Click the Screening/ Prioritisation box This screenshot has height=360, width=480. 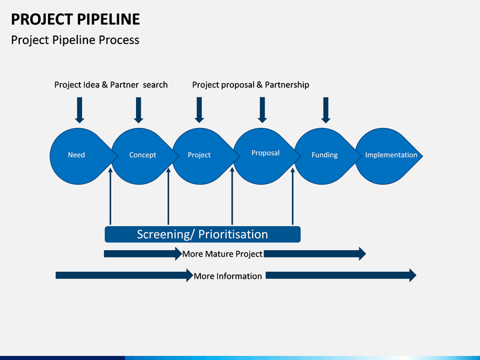[x=203, y=234]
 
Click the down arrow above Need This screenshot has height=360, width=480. [x=79, y=110]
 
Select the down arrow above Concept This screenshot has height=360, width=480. [x=139, y=110]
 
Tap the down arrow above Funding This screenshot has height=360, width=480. [x=326, y=110]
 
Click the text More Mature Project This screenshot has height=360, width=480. [x=222, y=254]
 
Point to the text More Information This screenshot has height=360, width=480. [x=228, y=276]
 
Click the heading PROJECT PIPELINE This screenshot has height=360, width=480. [x=75, y=19]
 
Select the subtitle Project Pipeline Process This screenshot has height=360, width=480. [x=75, y=40]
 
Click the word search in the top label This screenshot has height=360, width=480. [x=155, y=85]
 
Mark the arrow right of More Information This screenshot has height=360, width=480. [x=341, y=275]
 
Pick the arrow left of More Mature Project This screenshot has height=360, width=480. [x=143, y=254]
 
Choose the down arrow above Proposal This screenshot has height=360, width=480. [x=262, y=110]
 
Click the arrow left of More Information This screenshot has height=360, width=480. [x=124, y=275]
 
